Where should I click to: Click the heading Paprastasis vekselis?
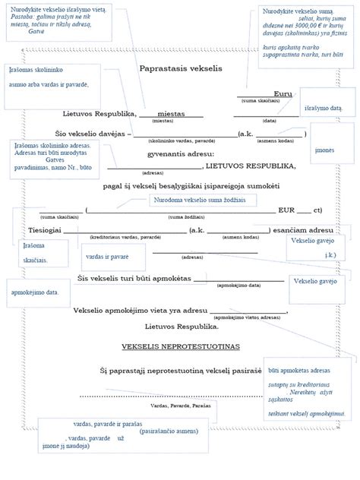[180, 69]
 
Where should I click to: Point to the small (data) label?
[269, 121]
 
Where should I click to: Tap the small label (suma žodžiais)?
[202, 218]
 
